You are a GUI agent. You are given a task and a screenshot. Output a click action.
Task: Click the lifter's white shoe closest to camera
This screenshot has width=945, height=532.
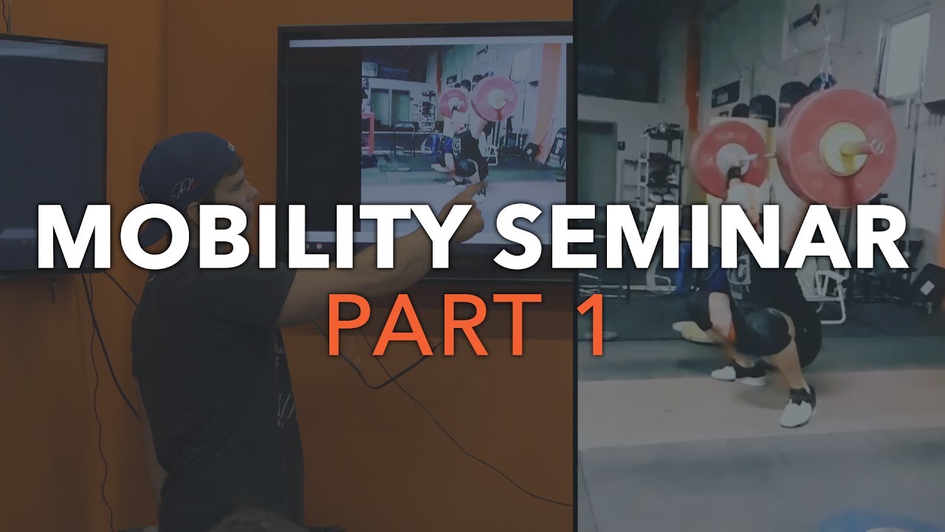coord(797,409)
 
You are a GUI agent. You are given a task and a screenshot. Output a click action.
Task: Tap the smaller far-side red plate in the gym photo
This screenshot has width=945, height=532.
coord(727,151)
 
